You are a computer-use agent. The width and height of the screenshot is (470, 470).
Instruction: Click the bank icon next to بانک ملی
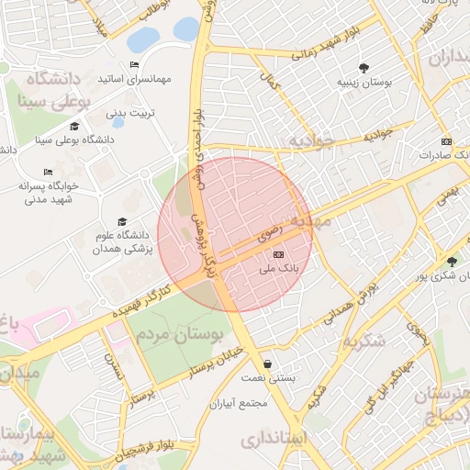pyautogui.click(x=279, y=255)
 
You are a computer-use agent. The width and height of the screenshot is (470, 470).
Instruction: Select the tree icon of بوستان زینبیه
pyautogui.click(x=364, y=67)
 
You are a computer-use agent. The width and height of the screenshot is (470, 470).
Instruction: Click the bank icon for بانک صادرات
pyautogui.click(x=447, y=141)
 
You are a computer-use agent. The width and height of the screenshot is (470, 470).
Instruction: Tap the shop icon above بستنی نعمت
pyautogui.click(x=266, y=364)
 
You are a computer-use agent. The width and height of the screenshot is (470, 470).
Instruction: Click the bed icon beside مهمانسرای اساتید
pyautogui.click(x=135, y=64)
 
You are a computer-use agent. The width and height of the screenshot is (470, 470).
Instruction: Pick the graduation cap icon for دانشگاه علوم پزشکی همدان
pyautogui.click(x=123, y=221)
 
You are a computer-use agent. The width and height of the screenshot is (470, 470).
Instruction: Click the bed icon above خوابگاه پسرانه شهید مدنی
pyautogui.click(x=48, y=172)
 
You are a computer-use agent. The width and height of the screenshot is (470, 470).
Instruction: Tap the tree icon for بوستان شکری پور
pyautogui.click(x=451, y=261)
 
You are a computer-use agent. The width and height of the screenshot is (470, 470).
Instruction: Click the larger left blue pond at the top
pyautogui.click(x=142, y=40)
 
